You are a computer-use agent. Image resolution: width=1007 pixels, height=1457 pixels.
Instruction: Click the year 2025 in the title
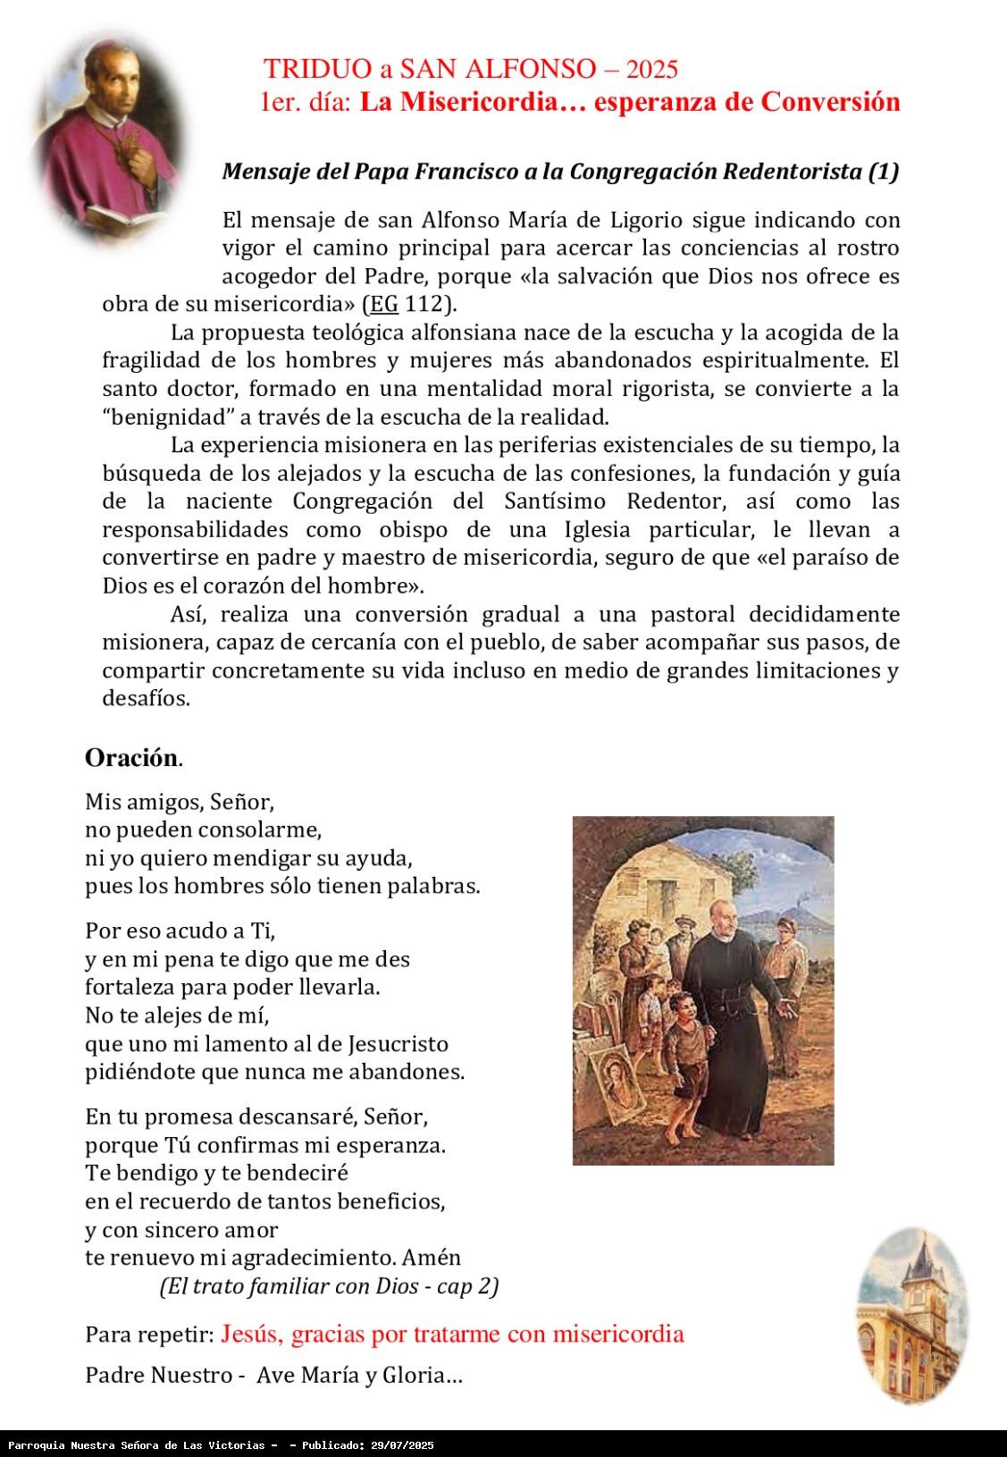(652, 69)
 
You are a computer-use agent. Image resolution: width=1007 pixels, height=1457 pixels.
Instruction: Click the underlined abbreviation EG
(384, 304)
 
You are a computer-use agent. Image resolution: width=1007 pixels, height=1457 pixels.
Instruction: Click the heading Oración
(132, 758)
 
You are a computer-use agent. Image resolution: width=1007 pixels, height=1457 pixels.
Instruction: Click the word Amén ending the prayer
(432, 1257)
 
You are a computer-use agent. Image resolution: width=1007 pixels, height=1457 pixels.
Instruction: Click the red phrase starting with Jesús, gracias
(452, 1334)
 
